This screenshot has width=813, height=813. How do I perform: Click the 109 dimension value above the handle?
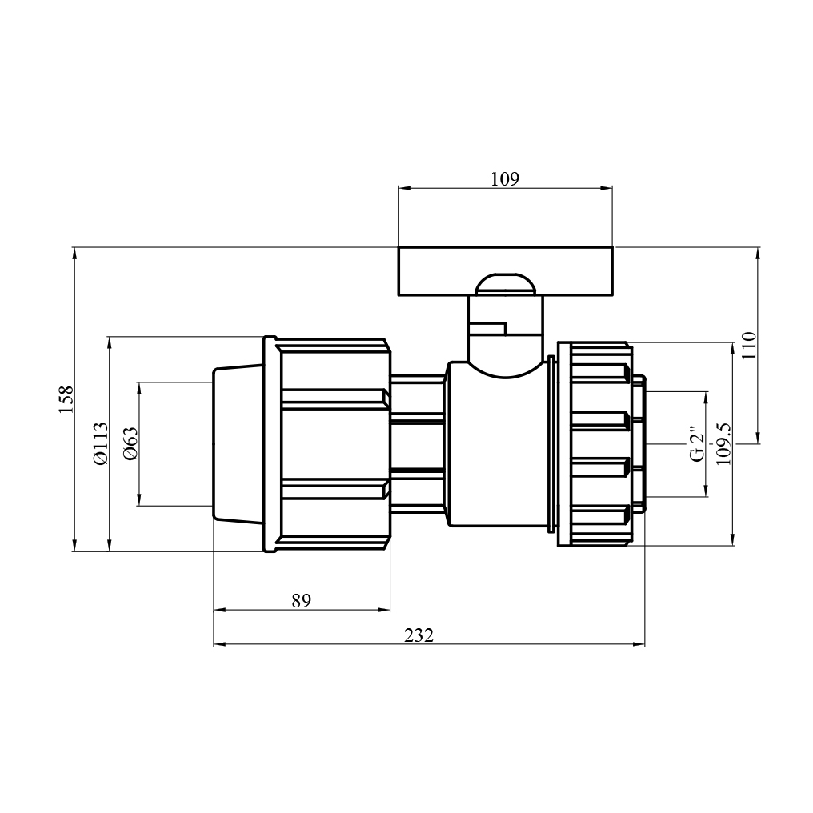[504, 179]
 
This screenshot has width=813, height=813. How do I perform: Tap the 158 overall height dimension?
[66, 399]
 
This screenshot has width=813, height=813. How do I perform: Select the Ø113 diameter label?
[101, 443]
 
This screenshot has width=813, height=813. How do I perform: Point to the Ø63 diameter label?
[130, 443]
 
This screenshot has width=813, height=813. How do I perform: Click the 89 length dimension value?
[301, 601]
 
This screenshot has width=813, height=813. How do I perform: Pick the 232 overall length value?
[419, 635]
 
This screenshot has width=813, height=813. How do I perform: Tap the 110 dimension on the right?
[750, 346]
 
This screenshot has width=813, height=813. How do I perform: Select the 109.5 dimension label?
[723, 443]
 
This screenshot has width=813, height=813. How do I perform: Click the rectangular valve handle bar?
[506, 270]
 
